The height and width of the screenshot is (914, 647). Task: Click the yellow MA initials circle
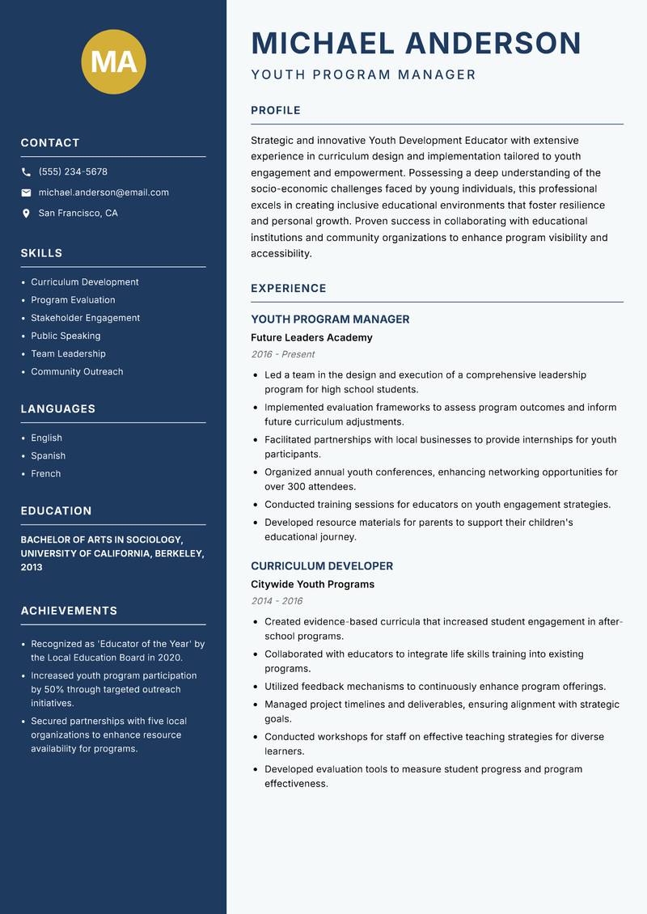(x=114, y=61)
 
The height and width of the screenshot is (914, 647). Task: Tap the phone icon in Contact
(x=26, y=172)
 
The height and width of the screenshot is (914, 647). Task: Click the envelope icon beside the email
(x=26, y=193)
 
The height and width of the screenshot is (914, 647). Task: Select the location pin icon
(x=26, y=214)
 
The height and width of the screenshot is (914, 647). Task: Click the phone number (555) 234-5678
(x=73, y=172)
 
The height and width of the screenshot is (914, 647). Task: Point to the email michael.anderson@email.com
(x=104, y=193)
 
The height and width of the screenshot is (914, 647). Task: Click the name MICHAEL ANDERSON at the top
(x=416, y=43)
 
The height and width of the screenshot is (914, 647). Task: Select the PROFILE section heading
(x=275, y=111)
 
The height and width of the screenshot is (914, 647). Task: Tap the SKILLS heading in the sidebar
(x=41, y=253)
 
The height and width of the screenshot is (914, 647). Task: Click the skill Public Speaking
(x=66, y=336)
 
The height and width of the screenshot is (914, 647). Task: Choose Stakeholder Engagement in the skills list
(x=85, y=318)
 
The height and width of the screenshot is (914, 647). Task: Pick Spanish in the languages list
(x=48, y=456)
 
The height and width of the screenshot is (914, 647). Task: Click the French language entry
(x=45, y=474)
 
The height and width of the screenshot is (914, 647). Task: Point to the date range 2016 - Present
(x=282, y=354)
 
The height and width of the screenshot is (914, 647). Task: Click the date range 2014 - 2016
(x=277, y=601)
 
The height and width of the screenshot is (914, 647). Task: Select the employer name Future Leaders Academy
(x=311, y=337)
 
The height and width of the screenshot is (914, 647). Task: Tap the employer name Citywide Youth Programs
(x=312, y=584)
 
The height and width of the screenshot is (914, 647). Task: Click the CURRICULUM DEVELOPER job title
(x=322, y=566)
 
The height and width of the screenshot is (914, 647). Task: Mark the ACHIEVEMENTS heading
(x=69, y=611)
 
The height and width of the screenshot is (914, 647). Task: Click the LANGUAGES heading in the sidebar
(x=57, y=409)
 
